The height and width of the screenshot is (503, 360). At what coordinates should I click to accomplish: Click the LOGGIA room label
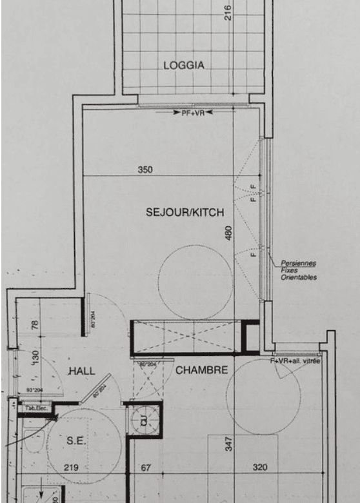pyautogui.click(x=184, y=65)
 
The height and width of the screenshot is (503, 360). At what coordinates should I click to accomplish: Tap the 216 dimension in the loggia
pyautogui.click(x=228, y=12)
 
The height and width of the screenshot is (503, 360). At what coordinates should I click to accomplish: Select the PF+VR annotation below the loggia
pyautogui.click(x=192, y=112)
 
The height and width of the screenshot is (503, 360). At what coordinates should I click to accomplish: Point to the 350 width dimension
pyautogui.click(x=145, y=170)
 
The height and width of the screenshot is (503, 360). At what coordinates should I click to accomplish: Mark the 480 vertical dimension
pyautogui.click(x=228, y=233)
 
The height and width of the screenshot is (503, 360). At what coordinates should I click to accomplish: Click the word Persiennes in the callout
pyautogui.click(x=298, y=264)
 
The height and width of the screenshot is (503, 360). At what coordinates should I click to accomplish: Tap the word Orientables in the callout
pyautogui.click(x=299, y=278)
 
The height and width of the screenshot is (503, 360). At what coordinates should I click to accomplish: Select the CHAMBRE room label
pyautogui.click(x=202, y=370)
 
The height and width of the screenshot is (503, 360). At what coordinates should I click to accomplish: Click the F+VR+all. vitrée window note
pyautogui.click(x=295, y=361)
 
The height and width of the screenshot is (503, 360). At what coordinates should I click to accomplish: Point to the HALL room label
pyautogui.click(x=82, y=371)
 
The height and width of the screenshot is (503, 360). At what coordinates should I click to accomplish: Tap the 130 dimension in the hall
pyautogui.click(x=35, y=357)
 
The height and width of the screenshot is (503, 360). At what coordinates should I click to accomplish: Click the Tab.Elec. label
pyautogui.click(x=31, y=408)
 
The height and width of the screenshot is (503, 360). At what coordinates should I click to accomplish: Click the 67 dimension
pyautogui.click(x=146, y=468)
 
